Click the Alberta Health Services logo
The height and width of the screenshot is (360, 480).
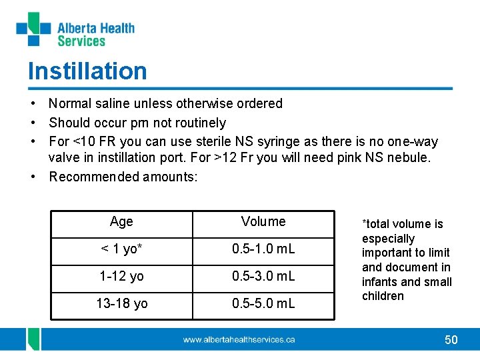75,31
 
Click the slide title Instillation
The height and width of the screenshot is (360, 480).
87,71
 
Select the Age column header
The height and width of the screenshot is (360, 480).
121,221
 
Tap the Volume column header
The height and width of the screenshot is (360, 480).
263,221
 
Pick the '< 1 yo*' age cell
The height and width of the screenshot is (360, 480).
121,249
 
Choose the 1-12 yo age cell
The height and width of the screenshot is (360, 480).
121,276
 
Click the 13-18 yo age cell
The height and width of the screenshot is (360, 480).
121,303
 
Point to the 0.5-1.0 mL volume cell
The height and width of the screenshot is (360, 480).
263,249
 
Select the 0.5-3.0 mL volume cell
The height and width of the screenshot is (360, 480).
263,276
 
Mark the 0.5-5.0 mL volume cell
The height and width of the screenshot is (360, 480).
263,303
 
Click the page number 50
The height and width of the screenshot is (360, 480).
451,340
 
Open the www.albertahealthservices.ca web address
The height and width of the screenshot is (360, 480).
239,340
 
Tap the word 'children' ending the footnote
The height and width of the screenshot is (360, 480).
383,296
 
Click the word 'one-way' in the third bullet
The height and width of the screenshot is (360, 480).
415,141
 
